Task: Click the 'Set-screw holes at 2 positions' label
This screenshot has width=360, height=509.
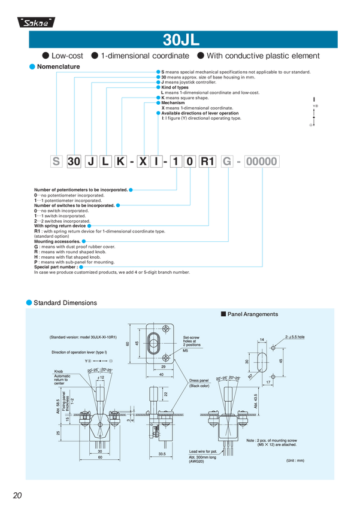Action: pos(192,342)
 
